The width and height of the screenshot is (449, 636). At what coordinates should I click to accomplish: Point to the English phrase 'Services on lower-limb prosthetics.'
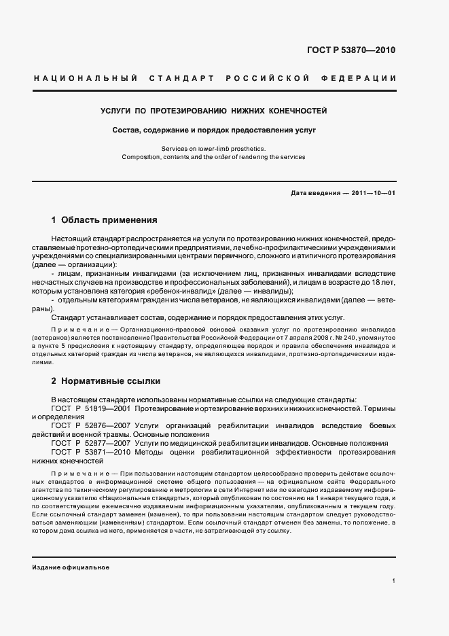pos(214,148)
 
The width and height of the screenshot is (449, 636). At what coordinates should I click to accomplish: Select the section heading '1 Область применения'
pos(105,220)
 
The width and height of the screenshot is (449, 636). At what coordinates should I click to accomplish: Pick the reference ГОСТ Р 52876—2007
pos(91,426)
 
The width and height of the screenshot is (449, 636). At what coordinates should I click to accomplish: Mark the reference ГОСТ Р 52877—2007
pos(91,443)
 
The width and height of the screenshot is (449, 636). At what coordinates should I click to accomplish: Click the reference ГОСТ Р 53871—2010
pos(91,452)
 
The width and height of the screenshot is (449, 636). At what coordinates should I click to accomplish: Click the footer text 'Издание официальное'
pos(71,567)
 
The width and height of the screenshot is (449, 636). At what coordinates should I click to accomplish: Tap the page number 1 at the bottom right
pos(394,581)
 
